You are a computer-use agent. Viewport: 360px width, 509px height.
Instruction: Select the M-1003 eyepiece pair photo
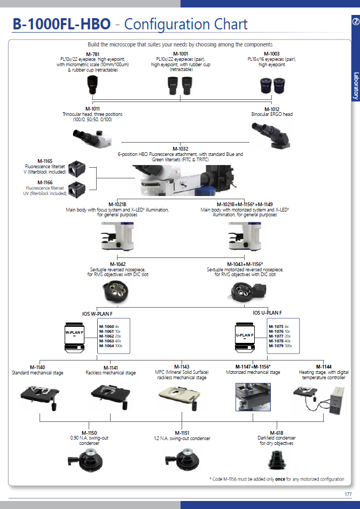(272, 83)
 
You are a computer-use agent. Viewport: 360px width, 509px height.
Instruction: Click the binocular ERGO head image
(272, 133)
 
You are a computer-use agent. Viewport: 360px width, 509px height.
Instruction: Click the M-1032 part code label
(180, 149)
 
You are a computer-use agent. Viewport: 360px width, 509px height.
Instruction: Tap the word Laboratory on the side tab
(355, 85)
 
